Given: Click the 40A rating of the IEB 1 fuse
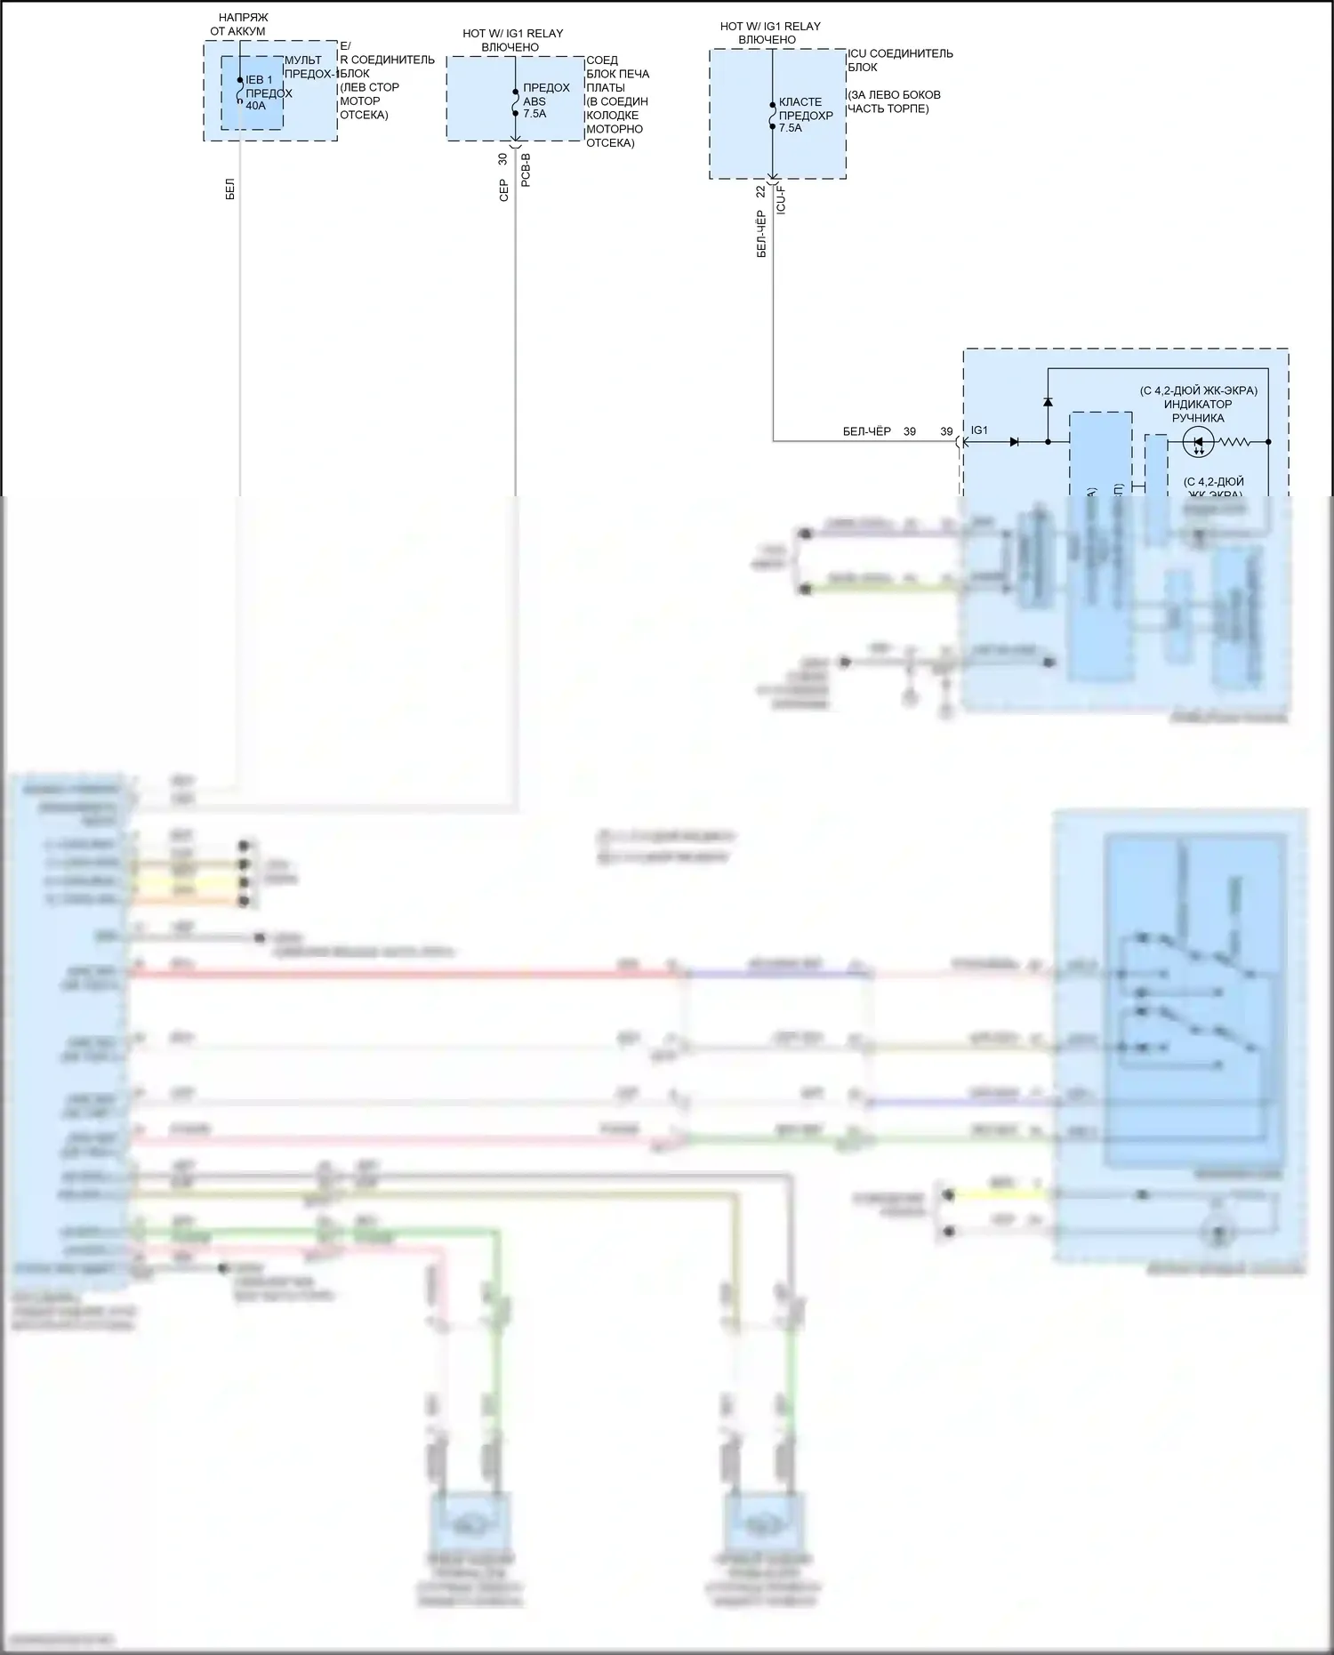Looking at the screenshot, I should pos(255,106).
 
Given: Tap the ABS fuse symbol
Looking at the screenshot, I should pos(515,102).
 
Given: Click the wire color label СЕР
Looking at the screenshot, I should pos(503,190).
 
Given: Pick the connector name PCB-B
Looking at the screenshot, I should pos(526,169).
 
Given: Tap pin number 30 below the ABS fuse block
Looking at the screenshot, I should pos(502,159).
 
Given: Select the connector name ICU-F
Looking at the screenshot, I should pos(781,199).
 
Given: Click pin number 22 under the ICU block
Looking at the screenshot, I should pos(760,191).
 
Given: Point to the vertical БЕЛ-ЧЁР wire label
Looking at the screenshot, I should pos(761,234).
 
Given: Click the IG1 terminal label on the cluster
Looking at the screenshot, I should pos(979,430).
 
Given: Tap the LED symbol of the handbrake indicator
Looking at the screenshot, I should pos(1198,442).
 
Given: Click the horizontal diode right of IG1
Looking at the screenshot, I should pos(1014,442).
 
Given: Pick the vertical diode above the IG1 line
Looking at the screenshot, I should pos(1048,401).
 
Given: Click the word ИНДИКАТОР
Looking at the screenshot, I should pos(1198,405).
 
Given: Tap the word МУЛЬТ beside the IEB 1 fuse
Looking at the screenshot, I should pos(303,60).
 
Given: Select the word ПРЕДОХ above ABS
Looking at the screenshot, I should pos(546,87).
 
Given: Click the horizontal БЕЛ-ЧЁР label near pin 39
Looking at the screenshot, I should pos(866,431).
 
